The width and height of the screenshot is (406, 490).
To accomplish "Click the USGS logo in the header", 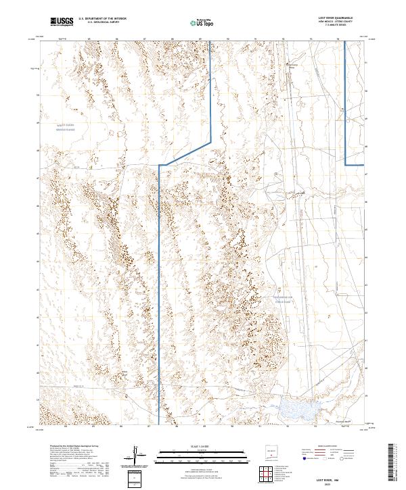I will pyautogui.click(x=62, y=22).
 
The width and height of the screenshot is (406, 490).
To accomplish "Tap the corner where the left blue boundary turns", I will pyautogui.click(x=159, y=164).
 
